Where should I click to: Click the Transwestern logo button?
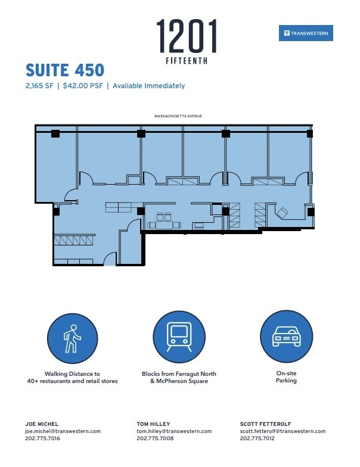pyautogui.click(x=306, y=33)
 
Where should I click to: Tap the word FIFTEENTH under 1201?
pyautogui.click(x=187, y=61)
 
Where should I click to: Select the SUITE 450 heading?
pyautogui.click(x=65, y=70)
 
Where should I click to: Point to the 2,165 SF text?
pyautogui.click(x=40, y=86)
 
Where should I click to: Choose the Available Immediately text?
pyautogui.click(x=148, y=86)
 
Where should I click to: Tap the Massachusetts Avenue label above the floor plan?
pyautogui.click(x=178, y=116)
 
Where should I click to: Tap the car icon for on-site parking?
pyautogui.click(x=286, y=337)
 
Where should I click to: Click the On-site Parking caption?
pyautogui.click(x=286, y=377)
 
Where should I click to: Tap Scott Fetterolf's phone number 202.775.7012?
pyautogui.click(x=257, y=438)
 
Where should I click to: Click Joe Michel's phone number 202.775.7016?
pyautogui.click(x=42, y=438)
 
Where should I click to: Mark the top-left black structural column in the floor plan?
pyautogui.click(x=55, y=134)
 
